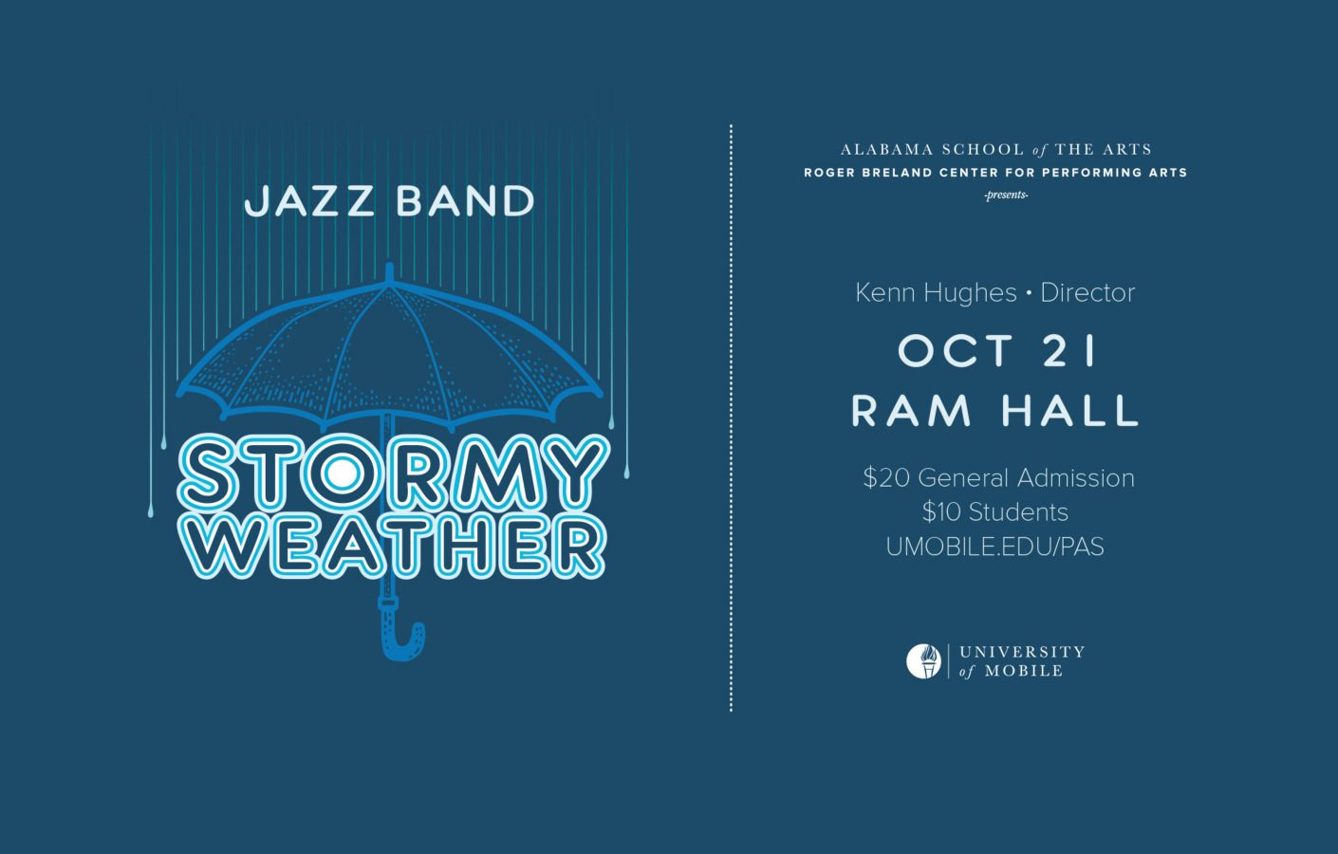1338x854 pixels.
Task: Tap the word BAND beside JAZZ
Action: pyautogui.click(x=465, y=201)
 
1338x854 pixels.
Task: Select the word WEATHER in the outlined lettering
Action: pyautogui.click(x=392, y=547)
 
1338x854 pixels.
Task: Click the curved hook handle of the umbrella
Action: pyautogui.click(x=402, y=640)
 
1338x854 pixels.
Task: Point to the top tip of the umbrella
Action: pyautogui.click(x=389, y=271)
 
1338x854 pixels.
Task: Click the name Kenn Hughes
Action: pyautogui.click(x=936, y=292)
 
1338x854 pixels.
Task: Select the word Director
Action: pyautogui.click(x=1087, y=292)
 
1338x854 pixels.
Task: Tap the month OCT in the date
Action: pyautogui.click(x=956, y=352)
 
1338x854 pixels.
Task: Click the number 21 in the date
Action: pyautogui.click(x=1070, y=352)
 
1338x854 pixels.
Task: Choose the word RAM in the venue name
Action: pyautogui.click(x=912, y=412)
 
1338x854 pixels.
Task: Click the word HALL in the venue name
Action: pyautogui.click(x=1070, y=412)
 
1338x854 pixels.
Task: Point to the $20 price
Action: pyautogui.click(x=885, y=478)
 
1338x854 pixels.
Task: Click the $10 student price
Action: pyautogui.click(x=941, y=512)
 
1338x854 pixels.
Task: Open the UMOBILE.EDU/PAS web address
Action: pyautogui.click(x=994, y=547)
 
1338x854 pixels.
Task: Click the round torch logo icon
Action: pyautogui.click(x=923, y=661)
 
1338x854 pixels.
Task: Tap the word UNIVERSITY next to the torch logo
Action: pyautogui.click(x=1022, y=652)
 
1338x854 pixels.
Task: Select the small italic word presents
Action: pyautogui.click(x=1006, y=195)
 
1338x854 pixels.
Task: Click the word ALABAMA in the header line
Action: pyautogui.click(x=886, y=150)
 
